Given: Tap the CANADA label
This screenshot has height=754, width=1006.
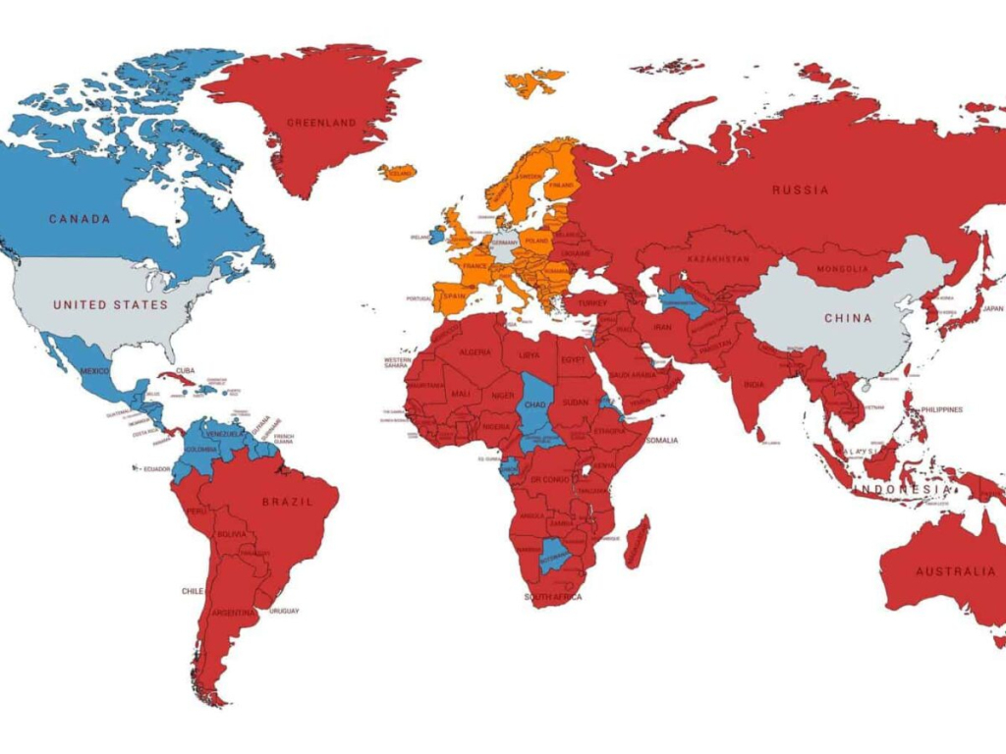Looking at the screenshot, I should point(80,219).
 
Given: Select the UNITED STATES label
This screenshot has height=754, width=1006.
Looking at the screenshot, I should point(110,304).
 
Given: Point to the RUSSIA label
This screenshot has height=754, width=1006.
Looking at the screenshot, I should point(800,189).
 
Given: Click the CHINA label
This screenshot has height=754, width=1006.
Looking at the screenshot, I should point(847,318).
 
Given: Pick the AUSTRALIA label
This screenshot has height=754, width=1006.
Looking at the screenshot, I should point(955,571).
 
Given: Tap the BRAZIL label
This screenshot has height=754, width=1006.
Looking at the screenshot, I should point(287,502).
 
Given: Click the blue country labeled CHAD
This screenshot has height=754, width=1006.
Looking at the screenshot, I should point(535,404).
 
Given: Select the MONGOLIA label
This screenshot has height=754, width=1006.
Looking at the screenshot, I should point(843,269).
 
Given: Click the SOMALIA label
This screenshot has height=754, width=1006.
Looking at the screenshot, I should point(661,440).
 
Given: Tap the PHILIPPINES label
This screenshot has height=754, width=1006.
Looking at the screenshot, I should point(941,409).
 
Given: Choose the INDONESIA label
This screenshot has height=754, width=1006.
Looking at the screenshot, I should point(902,489).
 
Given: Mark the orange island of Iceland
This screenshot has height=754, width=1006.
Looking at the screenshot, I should point(398,174).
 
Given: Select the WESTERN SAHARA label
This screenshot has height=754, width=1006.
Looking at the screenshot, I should point(397,363).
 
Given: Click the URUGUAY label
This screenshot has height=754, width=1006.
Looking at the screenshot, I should point(283,611).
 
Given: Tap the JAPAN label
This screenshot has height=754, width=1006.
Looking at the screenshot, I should point(992,308).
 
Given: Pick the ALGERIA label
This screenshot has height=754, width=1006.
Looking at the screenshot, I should point(475,352).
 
